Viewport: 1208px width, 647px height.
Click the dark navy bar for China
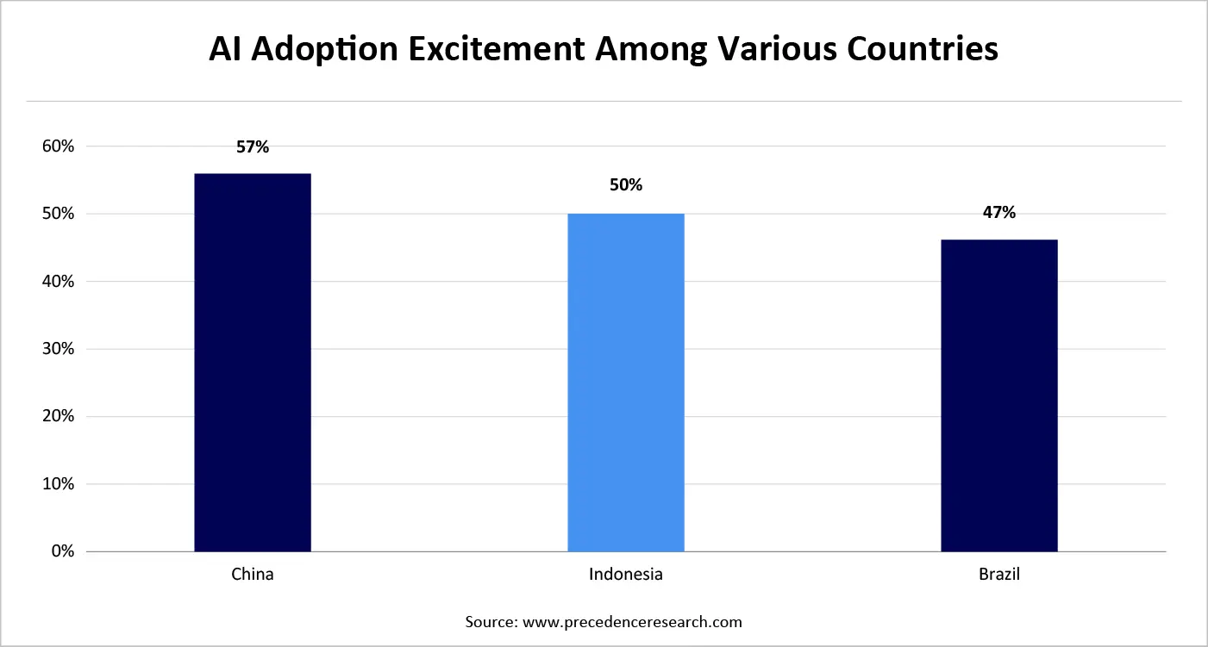253,363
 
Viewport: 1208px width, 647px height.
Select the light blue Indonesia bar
626,383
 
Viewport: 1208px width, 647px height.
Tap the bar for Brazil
998,395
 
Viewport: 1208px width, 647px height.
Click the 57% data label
253,147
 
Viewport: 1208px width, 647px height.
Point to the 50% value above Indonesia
626,185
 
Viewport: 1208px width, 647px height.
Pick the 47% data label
998,213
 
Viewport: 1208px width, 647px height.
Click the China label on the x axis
253,575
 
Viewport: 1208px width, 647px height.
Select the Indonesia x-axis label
626,575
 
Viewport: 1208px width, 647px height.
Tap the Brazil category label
998,575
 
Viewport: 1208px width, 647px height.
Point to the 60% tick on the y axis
57,146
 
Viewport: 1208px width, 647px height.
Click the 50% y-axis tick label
57,214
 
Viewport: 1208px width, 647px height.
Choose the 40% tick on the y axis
57,282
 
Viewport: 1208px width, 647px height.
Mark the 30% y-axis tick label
57,349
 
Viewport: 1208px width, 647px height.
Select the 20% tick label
57,416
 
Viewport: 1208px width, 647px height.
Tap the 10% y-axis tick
57,484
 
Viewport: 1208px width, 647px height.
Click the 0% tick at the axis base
62,551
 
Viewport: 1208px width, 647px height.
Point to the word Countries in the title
917,49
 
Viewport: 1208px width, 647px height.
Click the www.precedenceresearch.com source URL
630,621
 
